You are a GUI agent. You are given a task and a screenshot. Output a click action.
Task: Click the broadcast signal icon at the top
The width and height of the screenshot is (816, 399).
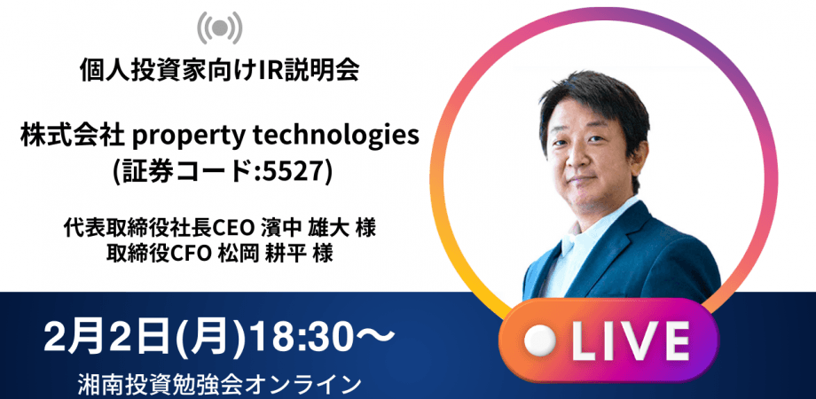[x=218, y=28]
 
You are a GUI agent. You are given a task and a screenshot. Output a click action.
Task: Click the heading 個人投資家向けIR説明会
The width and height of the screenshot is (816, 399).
[x=218, y=72]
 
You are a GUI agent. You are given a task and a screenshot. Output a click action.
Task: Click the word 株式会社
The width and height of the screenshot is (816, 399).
[x=75, y=137]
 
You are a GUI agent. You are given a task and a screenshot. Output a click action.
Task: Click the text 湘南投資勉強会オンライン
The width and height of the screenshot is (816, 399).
[x=218, y=383]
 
